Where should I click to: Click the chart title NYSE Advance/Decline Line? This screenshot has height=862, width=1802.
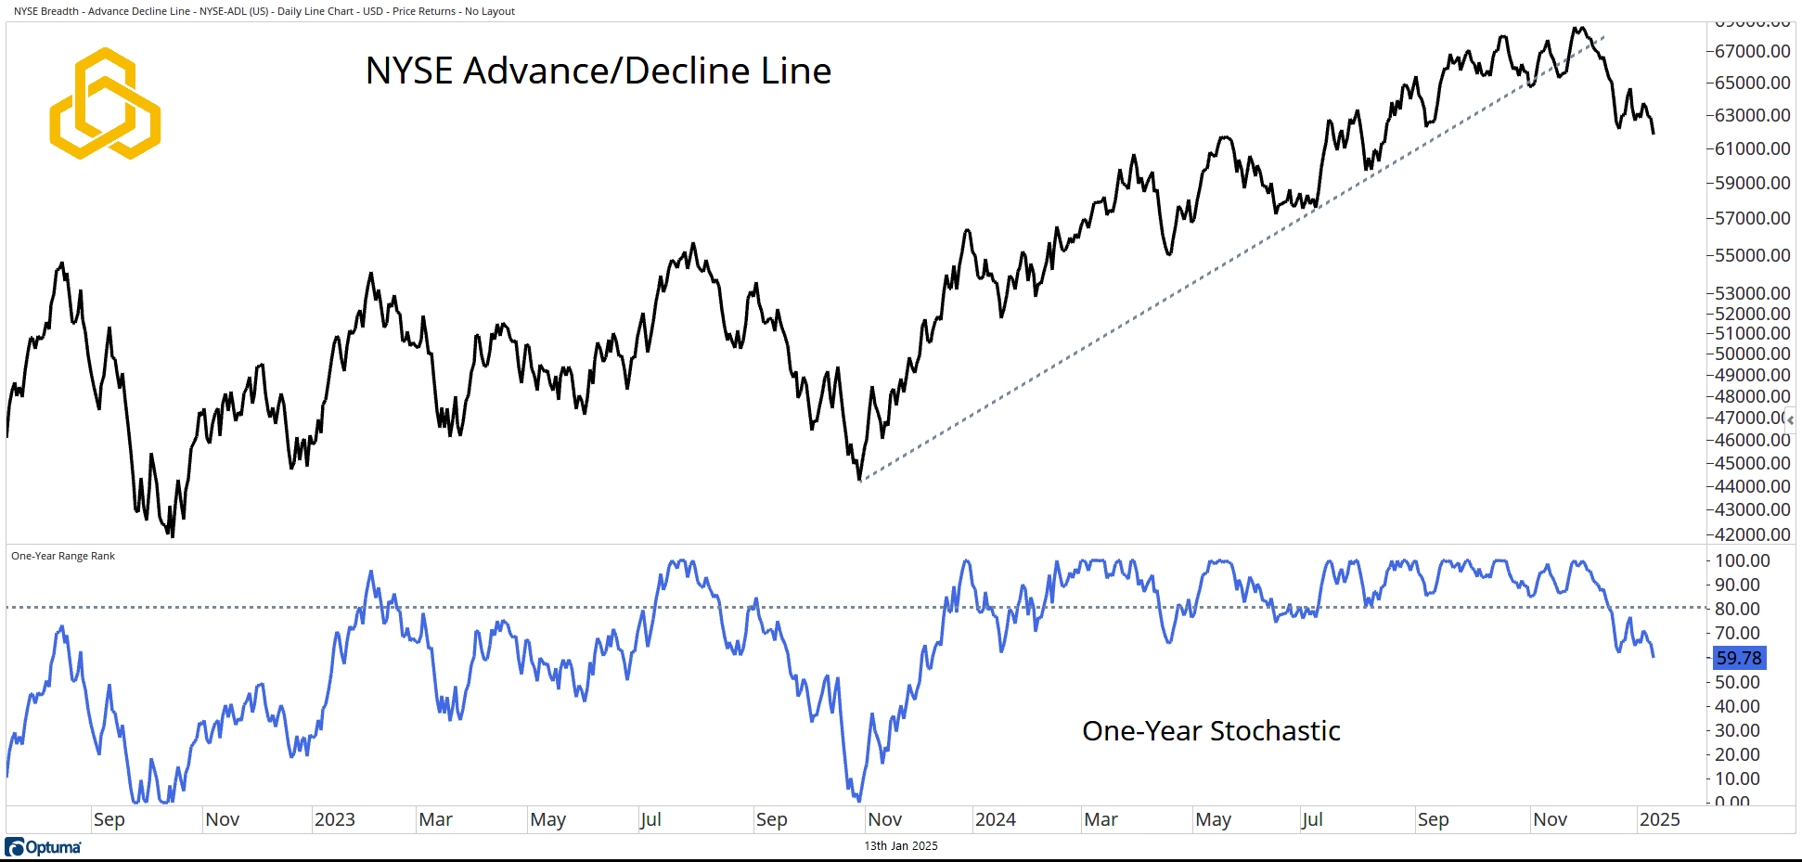[x=599, y=71]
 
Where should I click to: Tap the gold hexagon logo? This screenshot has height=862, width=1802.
[x=105, y=103]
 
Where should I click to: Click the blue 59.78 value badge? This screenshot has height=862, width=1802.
[x=1738, y=658]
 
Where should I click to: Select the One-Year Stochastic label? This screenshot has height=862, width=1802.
[x=1211, y=731]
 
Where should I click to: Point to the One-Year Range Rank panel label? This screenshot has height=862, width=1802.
[x=63, y=556]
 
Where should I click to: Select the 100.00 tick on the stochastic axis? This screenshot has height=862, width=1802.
[x=1742, y=560]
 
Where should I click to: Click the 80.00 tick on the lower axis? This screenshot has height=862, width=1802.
[x=1737, y=609]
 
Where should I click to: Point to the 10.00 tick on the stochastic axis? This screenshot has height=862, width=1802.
[x=1737, y=778]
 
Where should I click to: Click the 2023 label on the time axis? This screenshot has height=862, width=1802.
[x=334, y=819]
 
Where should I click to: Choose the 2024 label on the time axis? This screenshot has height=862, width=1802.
[x=995, y=819]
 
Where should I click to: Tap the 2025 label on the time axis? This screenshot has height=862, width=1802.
[x=1659, y=819]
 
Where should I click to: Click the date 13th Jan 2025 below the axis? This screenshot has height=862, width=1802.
[x=901, y=846]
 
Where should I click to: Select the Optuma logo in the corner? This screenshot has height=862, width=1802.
[x=43, y=847]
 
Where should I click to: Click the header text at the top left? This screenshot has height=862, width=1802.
[x=264, y=11]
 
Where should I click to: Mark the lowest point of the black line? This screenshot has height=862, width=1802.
[x=173, y=535]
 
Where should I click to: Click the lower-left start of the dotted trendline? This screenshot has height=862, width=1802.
[x=860, y=481]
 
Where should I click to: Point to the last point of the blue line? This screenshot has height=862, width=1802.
[x=1654, y=657]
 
